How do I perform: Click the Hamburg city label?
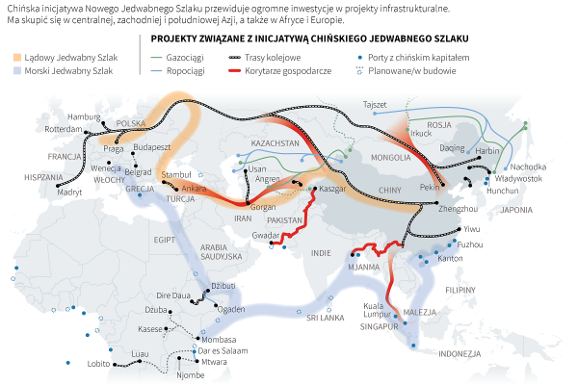coord(84,116)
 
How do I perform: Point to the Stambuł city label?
coord(177,174)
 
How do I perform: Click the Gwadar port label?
coord(266,235)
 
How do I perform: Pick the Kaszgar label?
coord(332,189)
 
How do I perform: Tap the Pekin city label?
coord(430,188)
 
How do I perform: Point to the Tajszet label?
coord(374,104)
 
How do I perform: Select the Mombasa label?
coord(219,339)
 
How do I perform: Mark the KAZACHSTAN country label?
coord(276,142)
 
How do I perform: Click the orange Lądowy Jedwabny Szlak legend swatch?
coord(16,59)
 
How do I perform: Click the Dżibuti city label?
coord(223,286)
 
